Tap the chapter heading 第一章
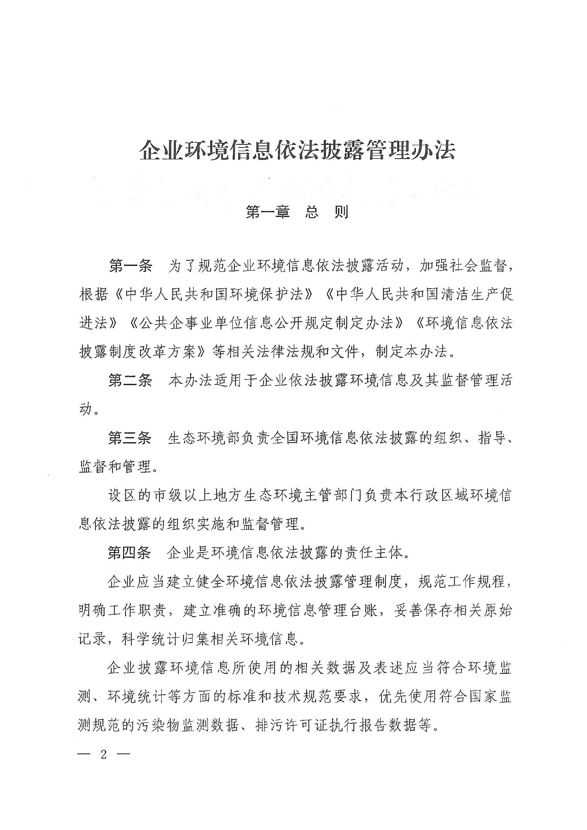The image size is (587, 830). (x=268, y=213)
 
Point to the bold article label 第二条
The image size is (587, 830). (x=130, y=381)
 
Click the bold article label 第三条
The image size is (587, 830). (x=130, y=438)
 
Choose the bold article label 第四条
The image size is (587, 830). (x=130, y=553)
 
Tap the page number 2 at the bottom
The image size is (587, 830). (x=104, y=754)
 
